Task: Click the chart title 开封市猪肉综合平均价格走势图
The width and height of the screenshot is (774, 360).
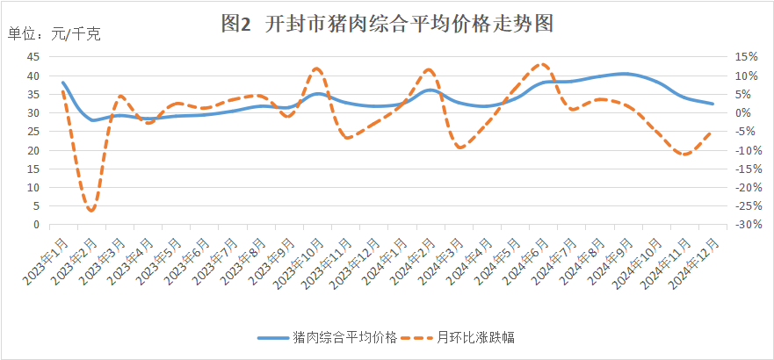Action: (387, 24)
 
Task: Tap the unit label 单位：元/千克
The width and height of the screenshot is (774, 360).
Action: (54, 34)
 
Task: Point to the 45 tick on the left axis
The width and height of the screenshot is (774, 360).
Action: (33, 57)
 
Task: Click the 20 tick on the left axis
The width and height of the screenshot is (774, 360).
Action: (33, 150)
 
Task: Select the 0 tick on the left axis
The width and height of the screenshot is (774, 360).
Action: (36, 225)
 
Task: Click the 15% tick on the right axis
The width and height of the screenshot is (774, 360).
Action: (746, 57)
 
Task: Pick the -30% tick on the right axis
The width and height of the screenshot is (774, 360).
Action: (749, 225)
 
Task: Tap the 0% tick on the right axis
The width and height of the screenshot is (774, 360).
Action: (743, 113)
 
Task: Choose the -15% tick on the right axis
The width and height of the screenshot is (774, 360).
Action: (749, 169)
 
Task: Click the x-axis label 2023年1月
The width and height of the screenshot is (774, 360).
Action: (48, 257)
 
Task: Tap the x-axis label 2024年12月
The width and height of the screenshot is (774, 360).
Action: (698, 261)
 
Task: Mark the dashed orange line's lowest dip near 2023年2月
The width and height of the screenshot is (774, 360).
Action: (91, 211)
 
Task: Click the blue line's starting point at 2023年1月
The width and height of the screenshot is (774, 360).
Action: (63, 83)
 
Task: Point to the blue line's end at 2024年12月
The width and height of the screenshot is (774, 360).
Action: (713, 104)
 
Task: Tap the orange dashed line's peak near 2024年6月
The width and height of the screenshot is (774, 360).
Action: (542, 64)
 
